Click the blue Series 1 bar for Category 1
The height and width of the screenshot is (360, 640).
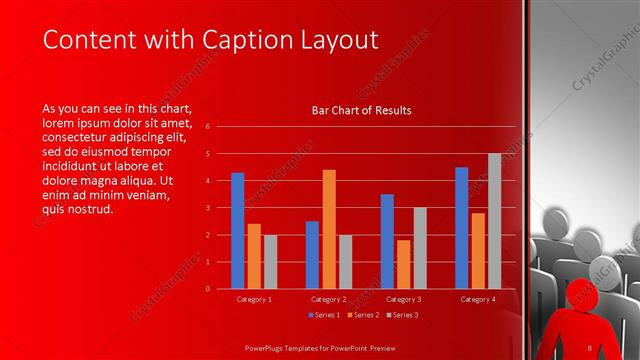pyautogui.click(x=237, y=231)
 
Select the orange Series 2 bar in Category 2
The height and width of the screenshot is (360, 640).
pyautogui.click(x=329, y=229)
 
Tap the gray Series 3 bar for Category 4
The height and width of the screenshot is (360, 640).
pyautogui.click(x=494, y=221)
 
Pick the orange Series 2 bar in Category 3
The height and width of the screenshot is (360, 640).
pyautogui.click(x=404, y=264)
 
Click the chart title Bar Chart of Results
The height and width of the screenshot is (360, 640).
pyautogui.click(x=362, y=110)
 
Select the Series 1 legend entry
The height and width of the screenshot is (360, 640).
pyautogui.click(x=326, y=315)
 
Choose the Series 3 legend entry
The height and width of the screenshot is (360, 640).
pyautogui.click(x=401, y=315)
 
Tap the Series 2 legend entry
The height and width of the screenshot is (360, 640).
pyautogui.click(x=364, y=315)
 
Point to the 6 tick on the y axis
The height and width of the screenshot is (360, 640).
pyautogui.click(x=207, y=127)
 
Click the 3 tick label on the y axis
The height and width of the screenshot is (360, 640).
pyautogui.click(x=207, y=208)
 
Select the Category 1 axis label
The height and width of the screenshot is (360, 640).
pyautogui.click(x=253, y=299)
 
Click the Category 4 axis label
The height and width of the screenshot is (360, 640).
pyautogui.click(x=478, y=299)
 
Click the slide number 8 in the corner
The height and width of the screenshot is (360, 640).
pyautogui.click(x=590, y=347)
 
